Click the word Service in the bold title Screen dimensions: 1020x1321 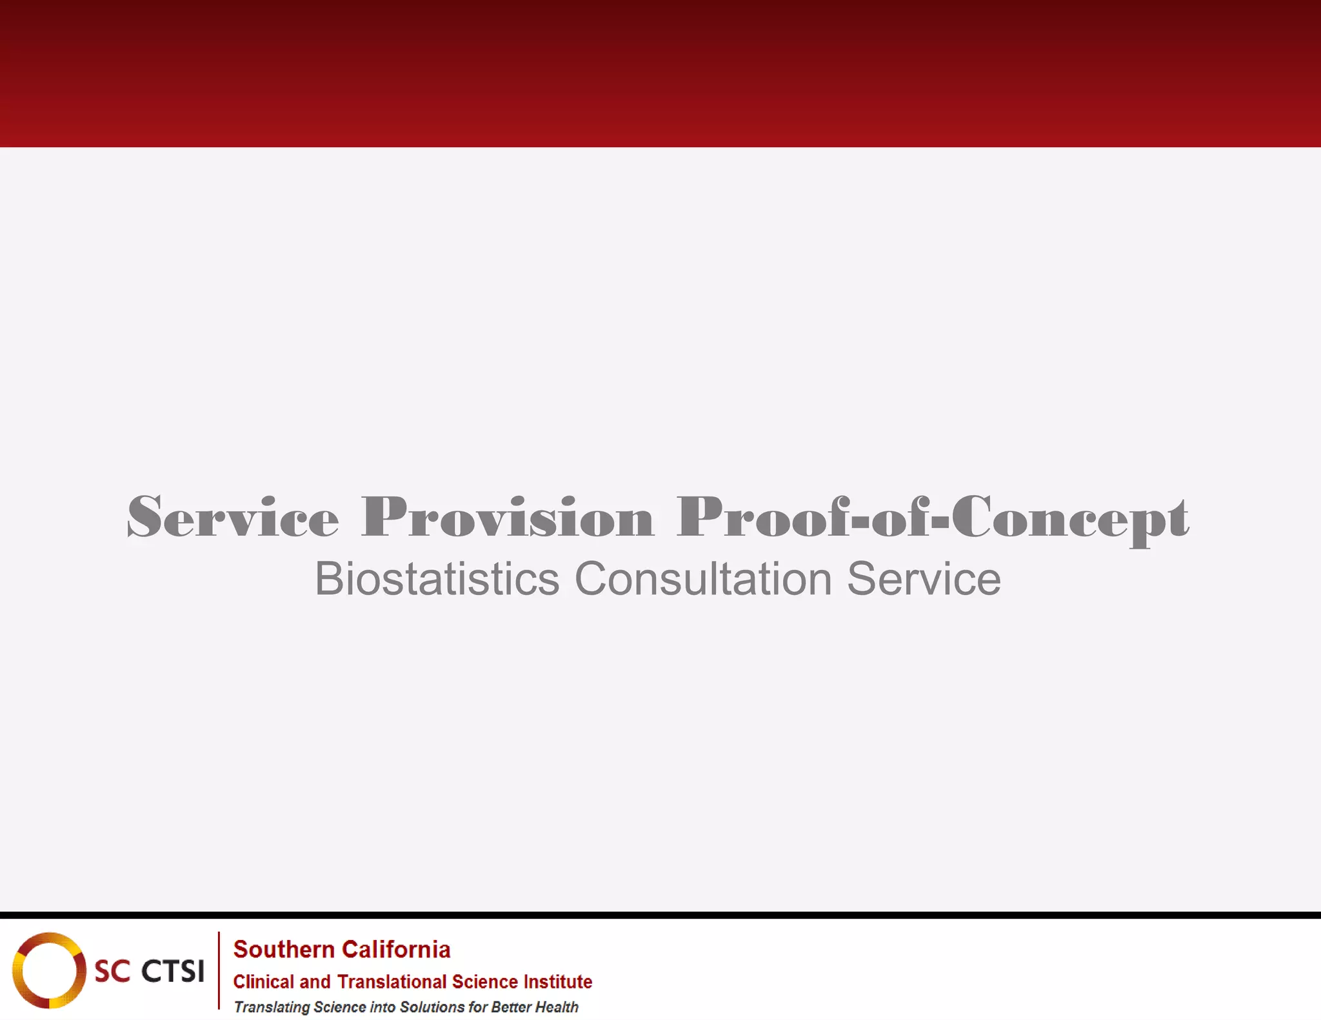(x=233, y=517)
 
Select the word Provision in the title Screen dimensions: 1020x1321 (x=508, y=517)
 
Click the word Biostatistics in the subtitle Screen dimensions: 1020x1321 (x=437, y=579)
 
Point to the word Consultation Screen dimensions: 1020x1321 (x=703, y=579)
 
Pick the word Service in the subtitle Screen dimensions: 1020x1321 (x=924, y=579)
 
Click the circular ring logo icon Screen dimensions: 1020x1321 (x=49, y=970)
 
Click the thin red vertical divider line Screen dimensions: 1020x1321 (x=219, y=970)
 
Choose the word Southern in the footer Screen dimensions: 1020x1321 (x=283, y=950)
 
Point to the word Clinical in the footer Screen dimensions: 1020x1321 (x=263, y=982)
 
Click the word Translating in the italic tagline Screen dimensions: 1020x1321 (x=272, y=1007)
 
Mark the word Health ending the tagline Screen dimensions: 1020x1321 (x=557, y=1007)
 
